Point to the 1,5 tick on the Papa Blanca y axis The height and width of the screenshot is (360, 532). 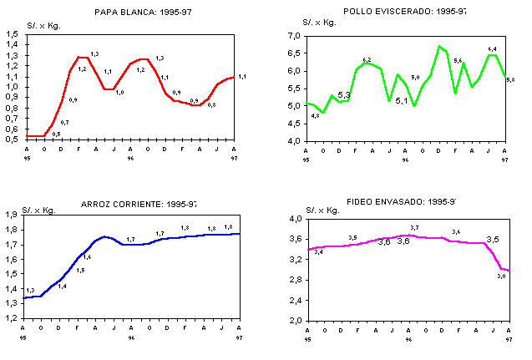click(13, 33)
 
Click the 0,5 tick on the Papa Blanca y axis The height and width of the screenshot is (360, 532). click(13, 139)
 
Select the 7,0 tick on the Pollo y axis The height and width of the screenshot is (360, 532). click(293, 36)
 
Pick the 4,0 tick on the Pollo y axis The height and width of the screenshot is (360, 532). click(293, 141)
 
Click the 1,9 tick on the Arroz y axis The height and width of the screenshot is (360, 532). click(13, 215)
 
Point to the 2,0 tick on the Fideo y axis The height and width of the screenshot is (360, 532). click(296, 320)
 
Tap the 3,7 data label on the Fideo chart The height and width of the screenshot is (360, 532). click(414, 227)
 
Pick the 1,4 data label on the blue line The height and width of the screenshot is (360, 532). click(62, 286)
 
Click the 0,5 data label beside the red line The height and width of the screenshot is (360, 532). click(56, 134)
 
